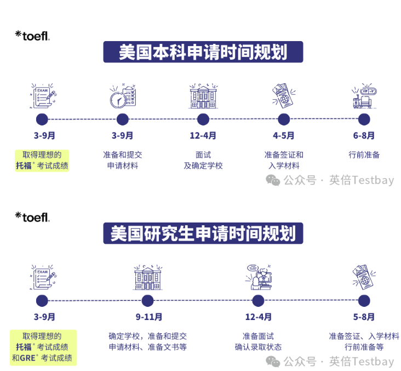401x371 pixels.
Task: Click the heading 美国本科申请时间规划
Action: (203, 52)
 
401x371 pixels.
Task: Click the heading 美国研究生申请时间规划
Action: (203, 233)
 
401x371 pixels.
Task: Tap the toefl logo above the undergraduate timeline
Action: (32, 36)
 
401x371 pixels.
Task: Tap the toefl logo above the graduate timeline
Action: (32, 217)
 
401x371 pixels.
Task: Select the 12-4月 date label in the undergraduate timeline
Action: (203, 135)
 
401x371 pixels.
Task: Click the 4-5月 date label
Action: (283, 135)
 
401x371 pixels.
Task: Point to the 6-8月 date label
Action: (364, 135)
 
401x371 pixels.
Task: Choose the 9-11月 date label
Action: (149, 317)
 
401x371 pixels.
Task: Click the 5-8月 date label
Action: (364, 317)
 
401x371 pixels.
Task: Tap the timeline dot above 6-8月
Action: (364, 119)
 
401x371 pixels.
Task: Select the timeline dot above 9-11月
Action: (147, 300)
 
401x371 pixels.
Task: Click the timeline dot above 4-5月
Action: (284, 119)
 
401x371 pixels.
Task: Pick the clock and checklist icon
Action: (122, 96)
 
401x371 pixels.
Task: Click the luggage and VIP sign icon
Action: (364, 96)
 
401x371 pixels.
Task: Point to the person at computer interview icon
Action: (257, 277)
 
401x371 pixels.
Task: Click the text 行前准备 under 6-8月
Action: (364, 155)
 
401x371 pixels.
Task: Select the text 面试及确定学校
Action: (203, 160)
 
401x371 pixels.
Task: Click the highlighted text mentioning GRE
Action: (43, 347)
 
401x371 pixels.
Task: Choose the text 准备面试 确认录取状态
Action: (258, 341)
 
